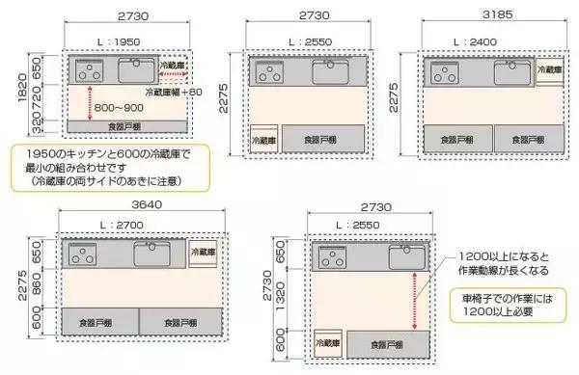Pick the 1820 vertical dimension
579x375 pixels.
click(11, 92)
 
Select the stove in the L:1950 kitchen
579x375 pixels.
click(90, 69)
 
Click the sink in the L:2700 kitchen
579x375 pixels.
click(153, 254)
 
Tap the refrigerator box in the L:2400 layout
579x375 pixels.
click(550, 72)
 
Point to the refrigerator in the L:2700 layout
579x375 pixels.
click(206, 252)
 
